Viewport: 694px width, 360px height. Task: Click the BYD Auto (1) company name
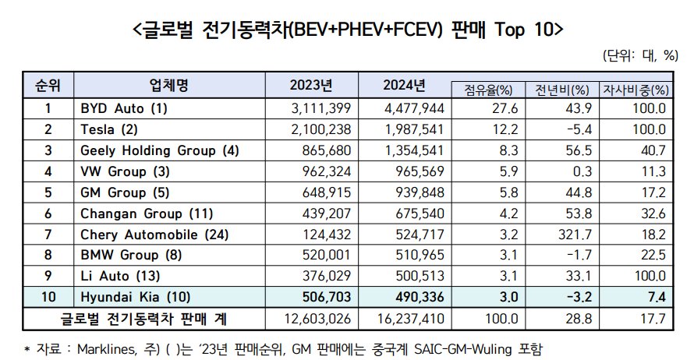tap(124, 108)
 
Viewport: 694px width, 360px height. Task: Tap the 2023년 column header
tap(311, 84)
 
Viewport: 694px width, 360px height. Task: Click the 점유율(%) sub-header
tap(487, 89)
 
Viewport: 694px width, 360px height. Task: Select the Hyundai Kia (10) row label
tap(134, 296)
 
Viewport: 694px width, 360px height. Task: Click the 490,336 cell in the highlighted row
tap(416, 296)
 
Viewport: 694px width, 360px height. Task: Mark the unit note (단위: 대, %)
tap(640, 55)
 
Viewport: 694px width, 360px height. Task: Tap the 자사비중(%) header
tap(639, 89)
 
